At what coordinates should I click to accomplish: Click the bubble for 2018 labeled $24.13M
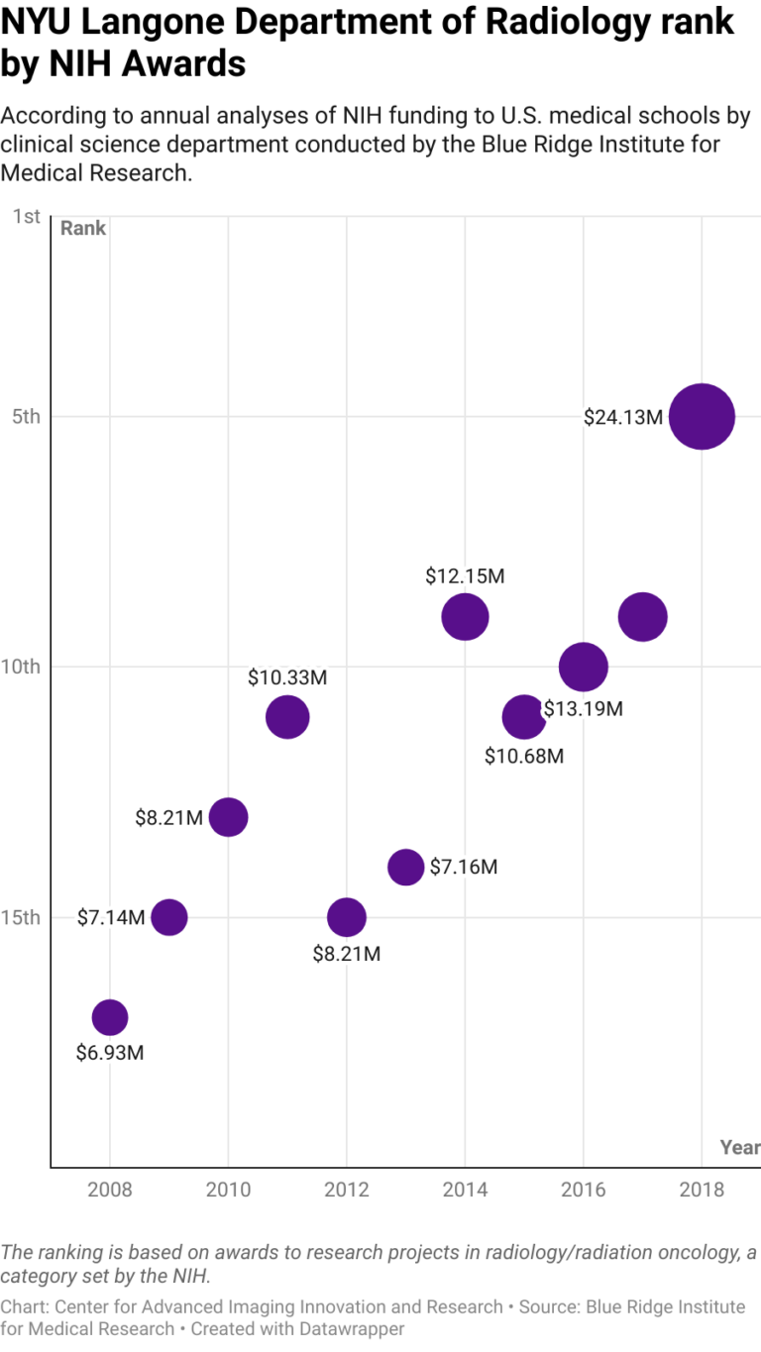[x=702, y=416]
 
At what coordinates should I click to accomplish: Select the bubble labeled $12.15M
[x=465, y=617]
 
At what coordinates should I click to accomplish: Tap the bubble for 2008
[x=110, y=1017]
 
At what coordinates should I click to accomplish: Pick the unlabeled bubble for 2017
[x=642, y=617]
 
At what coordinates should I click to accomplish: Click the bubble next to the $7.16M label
[x=405, y=867]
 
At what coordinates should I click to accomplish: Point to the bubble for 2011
[x=287, y=717]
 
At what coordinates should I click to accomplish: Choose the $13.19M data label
[x=584, y=709]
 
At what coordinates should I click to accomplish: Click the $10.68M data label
[x=524, y=757]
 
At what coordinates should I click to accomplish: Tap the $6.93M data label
[x=110, y=1053]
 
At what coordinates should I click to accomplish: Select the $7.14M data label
[x=111, y=917]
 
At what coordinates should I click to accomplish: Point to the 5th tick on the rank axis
[x=26, y=416]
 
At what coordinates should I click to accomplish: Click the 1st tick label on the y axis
[x=27, y=216]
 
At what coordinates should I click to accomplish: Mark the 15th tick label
[x=21, y=917]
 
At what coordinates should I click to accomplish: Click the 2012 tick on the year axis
[x=347, y=1189]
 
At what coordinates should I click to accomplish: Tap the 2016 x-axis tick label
[x=583, y=1189]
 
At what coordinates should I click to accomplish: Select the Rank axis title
[x=83, y=229]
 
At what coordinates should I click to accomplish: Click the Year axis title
[x=739, y=1147]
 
